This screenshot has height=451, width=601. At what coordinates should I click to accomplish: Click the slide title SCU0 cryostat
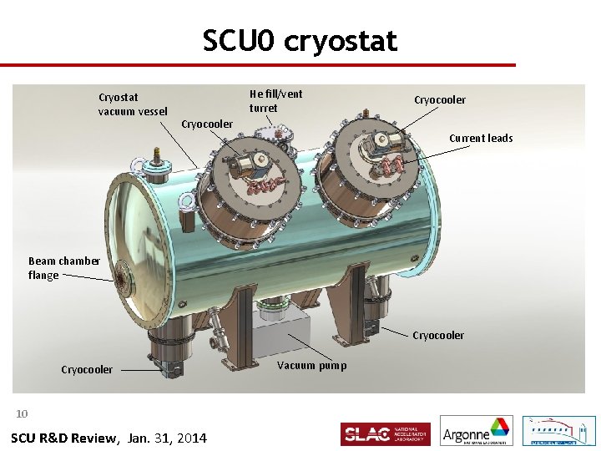[x=300, y=40]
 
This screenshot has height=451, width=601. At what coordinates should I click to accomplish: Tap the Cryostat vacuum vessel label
[x=132, y=104]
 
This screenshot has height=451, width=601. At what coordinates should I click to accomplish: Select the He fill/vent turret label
[x=275, y=101]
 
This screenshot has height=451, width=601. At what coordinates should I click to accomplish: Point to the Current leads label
[x=481, y=138]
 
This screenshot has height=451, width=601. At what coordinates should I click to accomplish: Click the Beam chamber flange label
[x=64, y=268]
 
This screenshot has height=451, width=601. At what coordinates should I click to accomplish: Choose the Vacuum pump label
[x=311, y=365]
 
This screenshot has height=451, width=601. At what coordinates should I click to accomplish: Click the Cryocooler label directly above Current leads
[x=440, y=100]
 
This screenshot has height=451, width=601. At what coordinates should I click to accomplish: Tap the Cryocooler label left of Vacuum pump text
[x=87, y=369]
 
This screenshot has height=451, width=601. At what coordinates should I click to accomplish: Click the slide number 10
[x=23, y=413]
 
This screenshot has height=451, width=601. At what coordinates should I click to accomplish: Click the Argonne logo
[x=476, y=432]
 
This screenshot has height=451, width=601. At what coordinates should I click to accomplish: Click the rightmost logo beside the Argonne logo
[x=558, y=431]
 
